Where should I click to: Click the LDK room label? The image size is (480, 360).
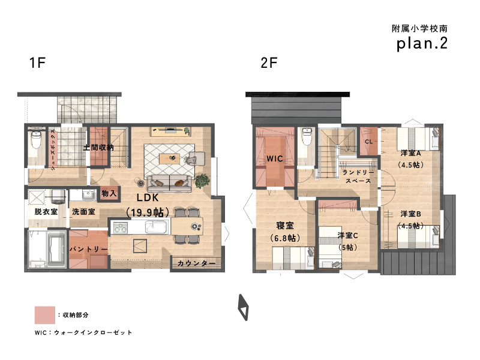click(x=148, y=198)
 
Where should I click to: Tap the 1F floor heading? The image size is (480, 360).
click(x=37, y=63)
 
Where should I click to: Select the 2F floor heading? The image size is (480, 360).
click(x=269, y=63)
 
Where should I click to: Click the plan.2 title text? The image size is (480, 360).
click(x=422, y=43)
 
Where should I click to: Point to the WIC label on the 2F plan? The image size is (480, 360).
click(x=275, y=158)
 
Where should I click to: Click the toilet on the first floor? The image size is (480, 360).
click(x=37, y=140)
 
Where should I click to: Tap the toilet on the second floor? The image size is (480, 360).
click(x=307, y=137)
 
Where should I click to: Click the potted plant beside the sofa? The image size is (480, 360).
click(x=202, y=181)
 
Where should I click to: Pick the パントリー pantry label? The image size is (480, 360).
click(x=88, y=249)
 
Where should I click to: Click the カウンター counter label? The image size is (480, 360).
click(x=197, y=263)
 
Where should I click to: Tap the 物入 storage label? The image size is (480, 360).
click(x=109, y=193)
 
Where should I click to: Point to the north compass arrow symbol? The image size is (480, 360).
click(x=244, y=307)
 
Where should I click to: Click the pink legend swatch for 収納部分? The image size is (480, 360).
click(x=44, y=315)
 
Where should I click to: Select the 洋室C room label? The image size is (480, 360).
click(x=348, y=235)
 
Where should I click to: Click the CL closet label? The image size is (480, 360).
click(x=369, y=142)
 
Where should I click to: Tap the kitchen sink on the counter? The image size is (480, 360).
click(x=156, y=227)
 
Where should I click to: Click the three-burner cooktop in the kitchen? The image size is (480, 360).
click(x=121, y=227)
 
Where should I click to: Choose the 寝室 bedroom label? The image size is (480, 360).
click(x=285, y=226)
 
